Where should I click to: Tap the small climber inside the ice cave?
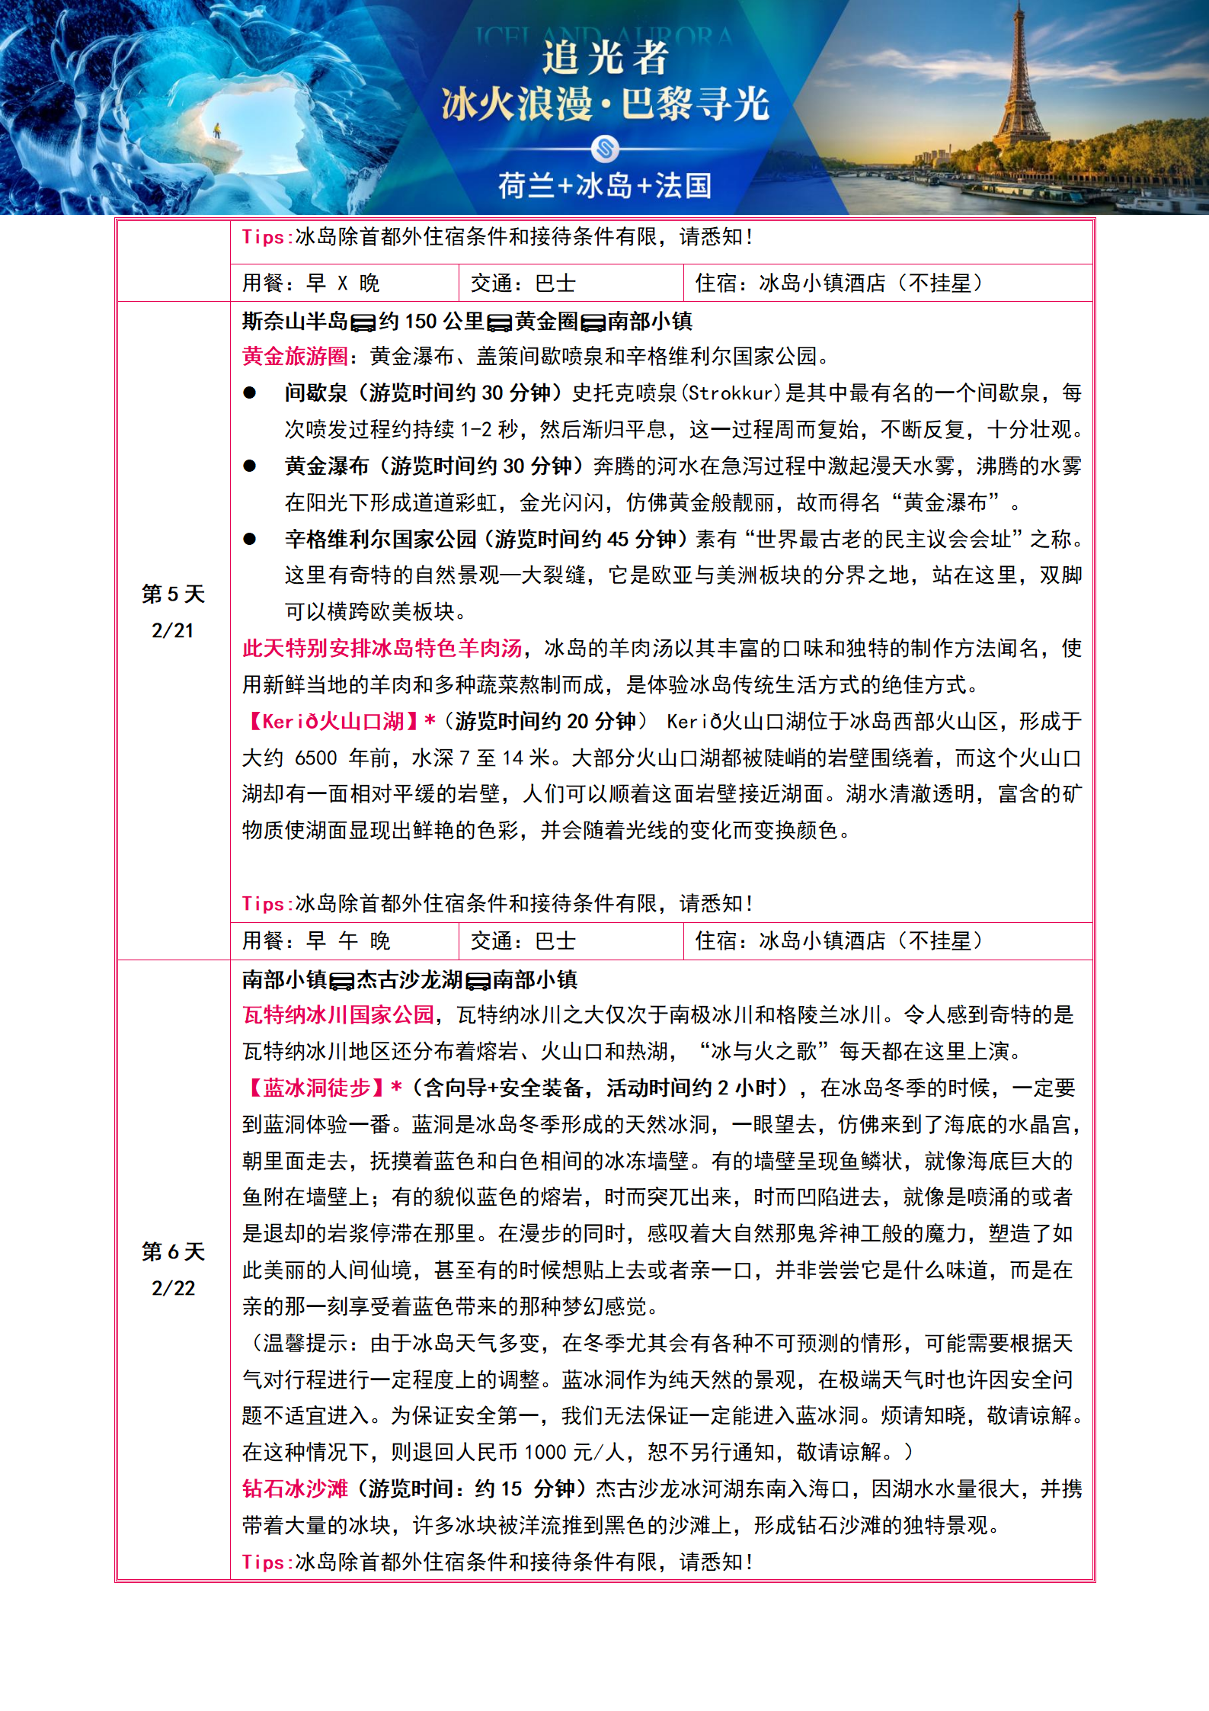216,130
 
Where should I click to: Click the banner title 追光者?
605,58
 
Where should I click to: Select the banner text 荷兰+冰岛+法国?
605,185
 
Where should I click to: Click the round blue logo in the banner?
605,148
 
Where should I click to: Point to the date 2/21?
173,630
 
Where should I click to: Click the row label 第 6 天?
173,1251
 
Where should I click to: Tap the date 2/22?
173,1288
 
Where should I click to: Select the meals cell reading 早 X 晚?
343,284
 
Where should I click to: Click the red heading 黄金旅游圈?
295,356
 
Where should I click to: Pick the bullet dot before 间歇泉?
250,393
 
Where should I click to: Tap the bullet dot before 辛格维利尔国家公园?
250,539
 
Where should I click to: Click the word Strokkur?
731,393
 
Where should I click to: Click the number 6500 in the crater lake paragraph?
315,758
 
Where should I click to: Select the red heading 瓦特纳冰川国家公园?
338,1015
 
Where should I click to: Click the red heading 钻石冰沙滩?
295,1488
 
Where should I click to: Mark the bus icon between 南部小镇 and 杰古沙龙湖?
341,981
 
